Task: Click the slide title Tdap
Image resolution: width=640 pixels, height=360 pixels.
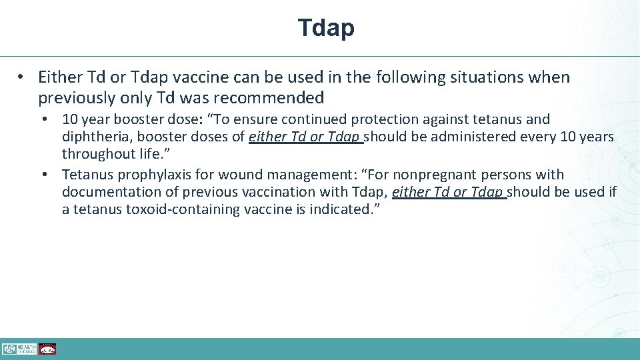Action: coord(326,28)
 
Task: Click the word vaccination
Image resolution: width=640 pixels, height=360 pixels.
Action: coord(275,192)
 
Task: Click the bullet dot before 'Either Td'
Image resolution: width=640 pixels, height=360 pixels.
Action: coord(22,77)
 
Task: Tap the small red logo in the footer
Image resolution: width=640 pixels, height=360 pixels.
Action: coord(47,349)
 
